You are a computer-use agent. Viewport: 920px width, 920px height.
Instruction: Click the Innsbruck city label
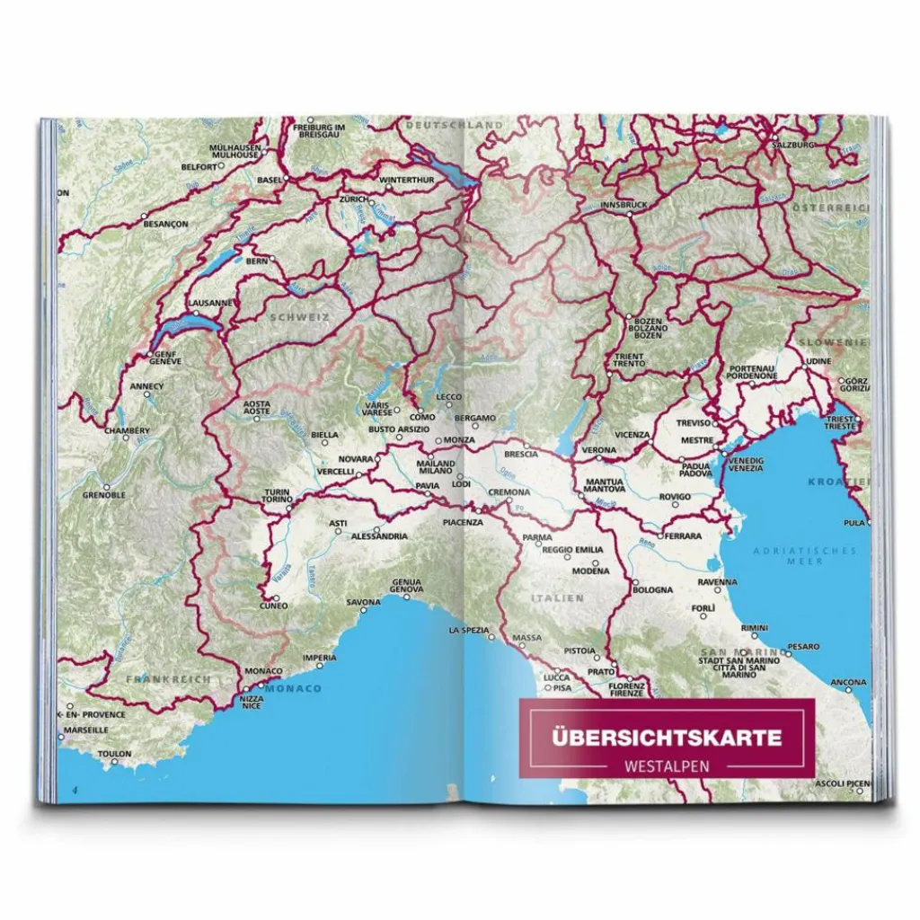click(x=624, y=205)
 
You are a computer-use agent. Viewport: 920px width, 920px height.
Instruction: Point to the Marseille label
click(x=85, y=730)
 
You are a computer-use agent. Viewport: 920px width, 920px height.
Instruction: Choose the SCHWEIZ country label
click(x=300, y=316)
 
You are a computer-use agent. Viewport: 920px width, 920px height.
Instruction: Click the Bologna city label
click(x=652, y=590)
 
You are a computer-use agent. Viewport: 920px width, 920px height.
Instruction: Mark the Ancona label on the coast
click(x=848, y=683)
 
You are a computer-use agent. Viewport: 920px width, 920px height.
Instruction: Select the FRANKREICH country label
click(x=168, y=679)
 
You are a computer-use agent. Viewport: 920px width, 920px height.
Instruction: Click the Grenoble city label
click(x=103, y=495)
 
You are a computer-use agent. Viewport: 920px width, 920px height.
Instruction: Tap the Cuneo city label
click(x=273, y=606)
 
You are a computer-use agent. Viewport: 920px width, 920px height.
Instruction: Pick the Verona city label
click(x=599, y=450)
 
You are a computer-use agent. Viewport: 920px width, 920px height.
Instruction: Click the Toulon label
click(x=114, y=754)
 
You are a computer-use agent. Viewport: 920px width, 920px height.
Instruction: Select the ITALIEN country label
click(x=557, y=597)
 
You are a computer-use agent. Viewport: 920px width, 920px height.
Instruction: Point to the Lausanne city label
click(x=210, y=304)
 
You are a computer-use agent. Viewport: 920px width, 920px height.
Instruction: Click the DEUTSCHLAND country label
click(x=454, y=124)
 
